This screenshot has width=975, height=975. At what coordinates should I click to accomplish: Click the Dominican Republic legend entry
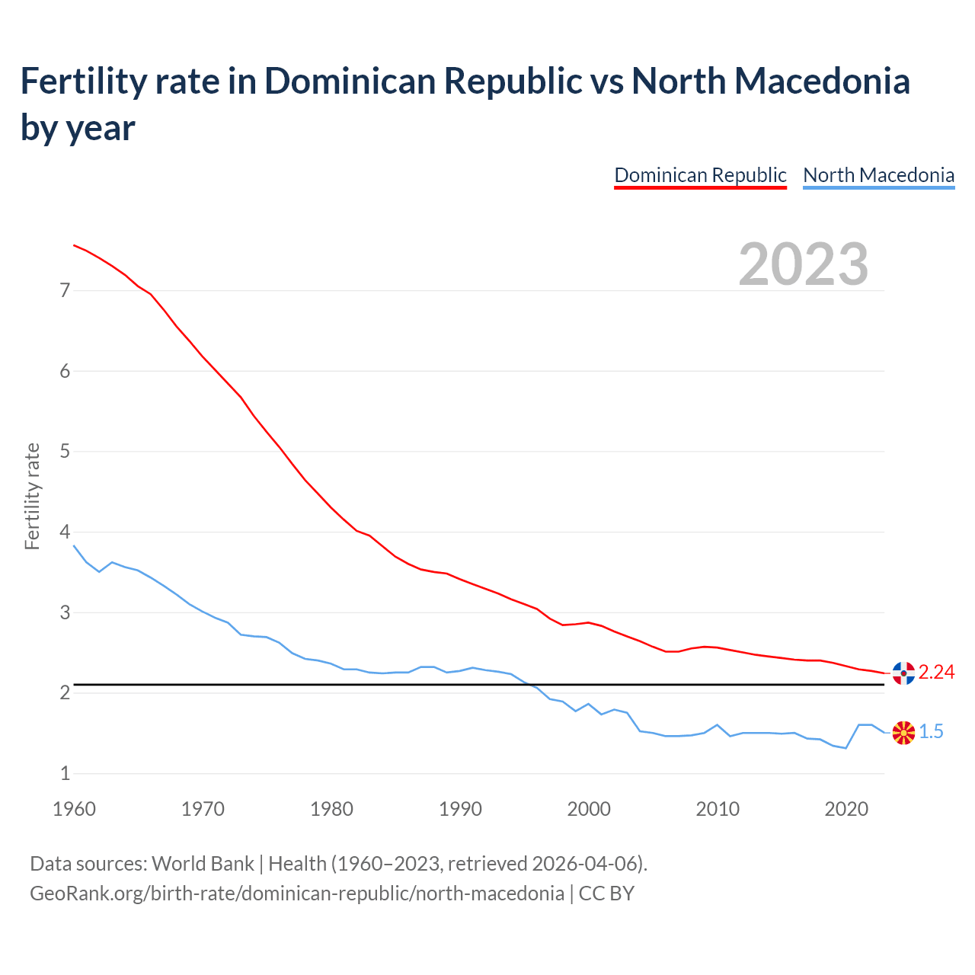coord(700,175)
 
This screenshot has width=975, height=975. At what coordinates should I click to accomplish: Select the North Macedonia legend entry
coord(878,175)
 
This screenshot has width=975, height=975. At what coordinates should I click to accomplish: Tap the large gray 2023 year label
coord(804,264)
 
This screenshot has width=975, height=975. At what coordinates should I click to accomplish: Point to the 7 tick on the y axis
coord(65,290)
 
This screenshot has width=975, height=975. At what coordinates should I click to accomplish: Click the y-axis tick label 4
coord(65,532)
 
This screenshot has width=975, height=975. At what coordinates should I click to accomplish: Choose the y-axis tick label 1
coord(65,773)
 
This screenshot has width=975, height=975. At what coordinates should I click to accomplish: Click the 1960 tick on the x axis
coord(74,809)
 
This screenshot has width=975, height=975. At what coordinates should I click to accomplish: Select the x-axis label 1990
coord(460,809)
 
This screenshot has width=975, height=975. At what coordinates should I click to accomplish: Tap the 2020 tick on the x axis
coord(846,809)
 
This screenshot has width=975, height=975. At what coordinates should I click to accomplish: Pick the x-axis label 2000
coord(589,809)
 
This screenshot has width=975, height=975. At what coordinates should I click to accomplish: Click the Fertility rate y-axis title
coord(32,496)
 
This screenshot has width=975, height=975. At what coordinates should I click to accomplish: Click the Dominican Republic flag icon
coord(903,673)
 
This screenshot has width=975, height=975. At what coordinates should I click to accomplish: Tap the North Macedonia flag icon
coord(903,733)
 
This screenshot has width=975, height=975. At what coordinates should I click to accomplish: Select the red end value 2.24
coord(936,672)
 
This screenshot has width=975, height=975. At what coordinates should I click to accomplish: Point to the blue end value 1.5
coord(931,732)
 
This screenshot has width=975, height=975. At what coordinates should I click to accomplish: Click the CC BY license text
coord(606,893)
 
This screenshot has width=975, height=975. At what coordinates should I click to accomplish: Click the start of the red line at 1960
coord(74,245)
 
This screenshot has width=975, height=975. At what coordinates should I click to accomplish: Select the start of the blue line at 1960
coord(74,545)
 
